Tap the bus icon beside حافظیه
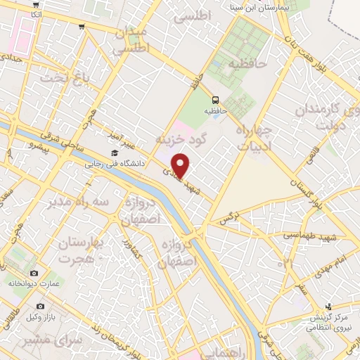point(216,100)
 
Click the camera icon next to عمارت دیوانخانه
point(33,273)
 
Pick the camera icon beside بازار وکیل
point(41,306)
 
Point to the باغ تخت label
point(57,77)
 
